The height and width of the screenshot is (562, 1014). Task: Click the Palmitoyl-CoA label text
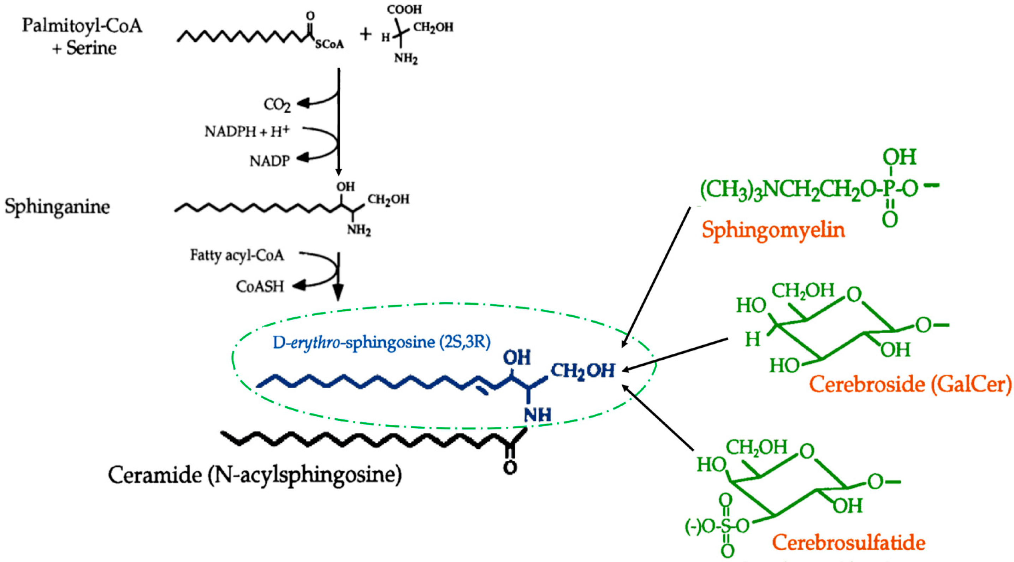82,26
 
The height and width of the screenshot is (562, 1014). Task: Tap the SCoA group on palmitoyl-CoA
329,44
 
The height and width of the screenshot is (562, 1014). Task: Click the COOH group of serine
404,10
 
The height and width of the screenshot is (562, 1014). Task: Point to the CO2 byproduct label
277,105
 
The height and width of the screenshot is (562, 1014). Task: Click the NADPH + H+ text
247,131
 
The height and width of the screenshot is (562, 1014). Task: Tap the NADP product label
269,161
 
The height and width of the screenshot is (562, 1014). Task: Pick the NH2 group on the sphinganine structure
358,229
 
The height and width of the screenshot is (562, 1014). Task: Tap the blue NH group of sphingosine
537,415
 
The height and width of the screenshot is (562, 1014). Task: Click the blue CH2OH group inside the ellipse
582,370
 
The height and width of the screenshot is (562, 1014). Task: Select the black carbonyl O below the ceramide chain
510,467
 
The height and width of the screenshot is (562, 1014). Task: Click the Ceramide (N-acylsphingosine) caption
255,475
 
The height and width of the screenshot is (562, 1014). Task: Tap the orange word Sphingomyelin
773,230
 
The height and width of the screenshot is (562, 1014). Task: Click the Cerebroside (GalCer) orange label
910,384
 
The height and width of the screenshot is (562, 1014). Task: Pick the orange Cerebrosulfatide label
848,543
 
